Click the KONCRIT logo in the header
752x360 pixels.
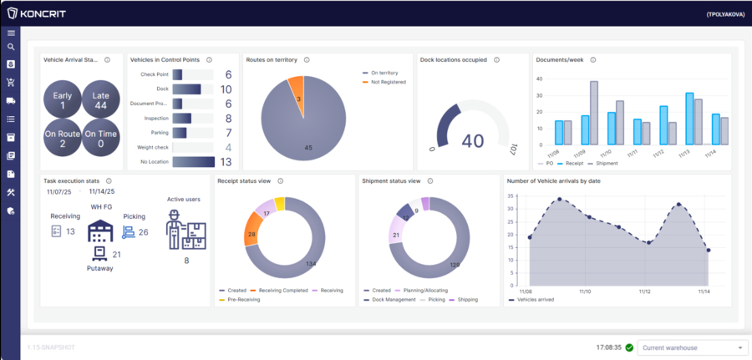coord(36,13)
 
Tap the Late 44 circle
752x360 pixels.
coord(100,100)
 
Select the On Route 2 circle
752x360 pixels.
coord(62,139)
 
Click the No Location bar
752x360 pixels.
coord(194,162)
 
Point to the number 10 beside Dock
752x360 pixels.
coord(226,89)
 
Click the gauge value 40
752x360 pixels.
coord(472,140)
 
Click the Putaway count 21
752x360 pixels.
coord(116,254)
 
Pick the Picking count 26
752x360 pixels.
coord(143,231)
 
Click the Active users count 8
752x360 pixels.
coord(186,261)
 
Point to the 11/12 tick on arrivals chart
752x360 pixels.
coord(645,292)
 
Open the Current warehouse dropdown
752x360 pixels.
coord(693,347)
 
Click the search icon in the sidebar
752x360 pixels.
coord(11,48)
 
